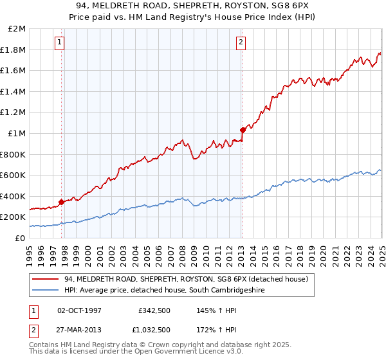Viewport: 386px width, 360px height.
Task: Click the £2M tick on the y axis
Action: click(x=17, y=29)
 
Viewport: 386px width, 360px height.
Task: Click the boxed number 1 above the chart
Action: click(x=59, y=43)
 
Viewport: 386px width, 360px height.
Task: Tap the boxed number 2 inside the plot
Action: click(x=241, y=43)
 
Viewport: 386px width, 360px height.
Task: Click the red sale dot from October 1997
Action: click(x=62, y=202)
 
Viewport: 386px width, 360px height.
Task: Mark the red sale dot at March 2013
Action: click(x=243, y=130)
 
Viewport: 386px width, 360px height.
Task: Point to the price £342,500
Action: click(x=154, y=310)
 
